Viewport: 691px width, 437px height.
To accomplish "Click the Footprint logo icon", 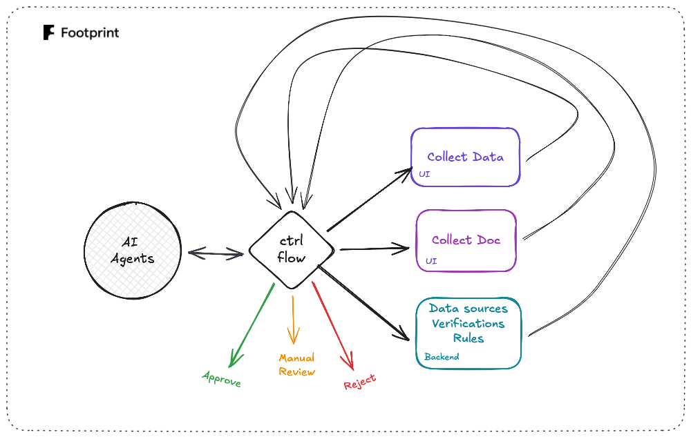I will click(48, 32).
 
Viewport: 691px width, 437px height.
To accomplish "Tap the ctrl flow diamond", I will click(292, 250).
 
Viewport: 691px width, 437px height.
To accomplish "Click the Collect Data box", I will click(465, 157).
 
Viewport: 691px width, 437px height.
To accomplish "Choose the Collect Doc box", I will click(466, 240).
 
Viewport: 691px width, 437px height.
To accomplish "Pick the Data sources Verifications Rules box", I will click(468, 333).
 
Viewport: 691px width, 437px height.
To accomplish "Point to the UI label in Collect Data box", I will click(424, 175).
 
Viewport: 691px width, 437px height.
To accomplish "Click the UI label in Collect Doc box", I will click(431, 261).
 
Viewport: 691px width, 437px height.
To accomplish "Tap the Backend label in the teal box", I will click(441, 357).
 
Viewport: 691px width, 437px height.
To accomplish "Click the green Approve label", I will click(221, 378).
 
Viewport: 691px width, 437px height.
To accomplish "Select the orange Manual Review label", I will click(296, 365).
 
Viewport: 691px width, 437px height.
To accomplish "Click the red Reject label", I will click(360, 382).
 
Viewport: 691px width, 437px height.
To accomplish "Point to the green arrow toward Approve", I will click(252, 324).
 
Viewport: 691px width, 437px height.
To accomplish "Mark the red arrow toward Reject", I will click(333, 324).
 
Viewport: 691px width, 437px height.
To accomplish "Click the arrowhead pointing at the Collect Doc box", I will click(404, 246).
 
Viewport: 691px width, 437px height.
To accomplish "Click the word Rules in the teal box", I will click(468, 338).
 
